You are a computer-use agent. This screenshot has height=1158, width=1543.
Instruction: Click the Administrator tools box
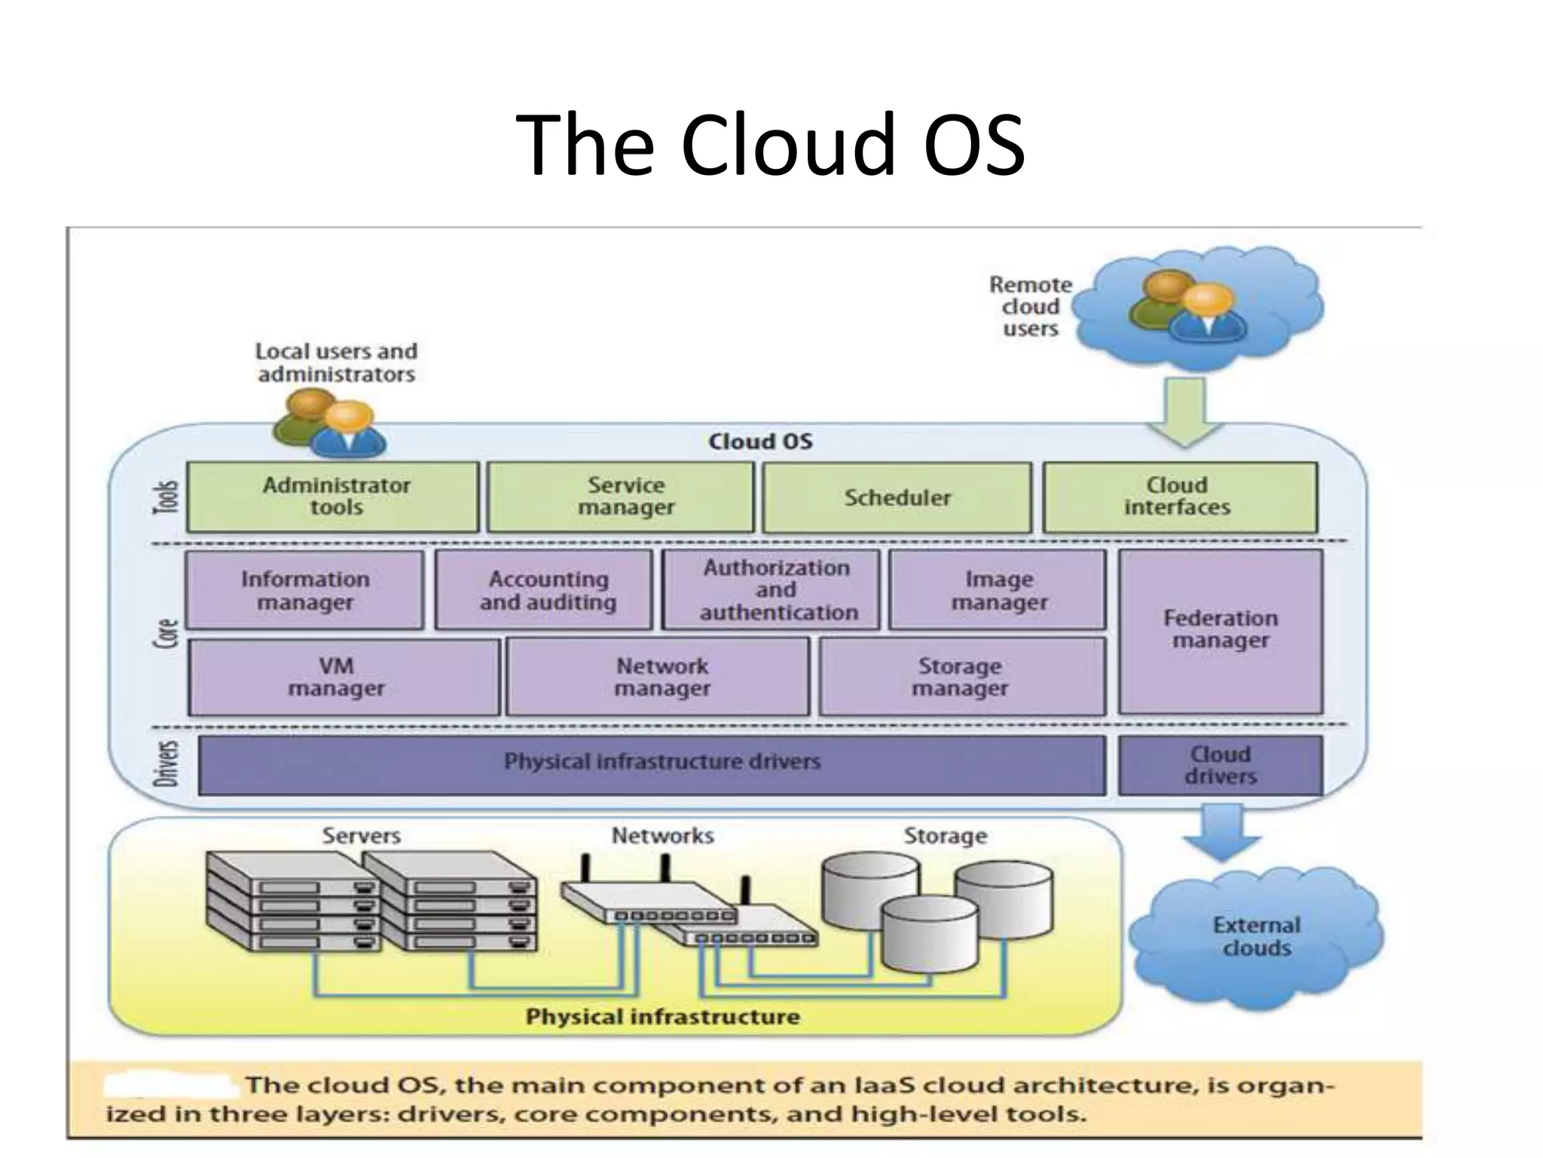332,497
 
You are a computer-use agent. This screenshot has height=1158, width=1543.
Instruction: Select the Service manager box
620,497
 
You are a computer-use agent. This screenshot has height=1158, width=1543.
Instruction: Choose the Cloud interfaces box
1180,497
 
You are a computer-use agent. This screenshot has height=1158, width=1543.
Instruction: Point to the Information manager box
304,590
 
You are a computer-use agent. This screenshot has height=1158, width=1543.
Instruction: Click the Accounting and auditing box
544,590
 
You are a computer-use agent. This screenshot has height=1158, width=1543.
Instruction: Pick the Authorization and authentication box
771,590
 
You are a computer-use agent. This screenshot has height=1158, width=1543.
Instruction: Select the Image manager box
998,590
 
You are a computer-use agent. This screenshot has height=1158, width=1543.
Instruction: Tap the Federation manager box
1221,631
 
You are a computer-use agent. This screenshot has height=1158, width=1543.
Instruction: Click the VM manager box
343,677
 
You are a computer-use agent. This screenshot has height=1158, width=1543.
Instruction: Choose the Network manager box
658,677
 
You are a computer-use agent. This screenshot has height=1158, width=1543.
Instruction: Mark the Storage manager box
962,677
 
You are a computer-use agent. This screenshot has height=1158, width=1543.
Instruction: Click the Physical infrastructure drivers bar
652,764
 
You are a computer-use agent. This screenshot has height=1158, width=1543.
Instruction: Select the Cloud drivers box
1221,765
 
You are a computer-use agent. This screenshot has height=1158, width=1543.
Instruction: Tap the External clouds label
1256,936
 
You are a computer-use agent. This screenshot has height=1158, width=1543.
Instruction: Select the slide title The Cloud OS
770,145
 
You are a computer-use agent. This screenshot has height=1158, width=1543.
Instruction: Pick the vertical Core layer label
170,633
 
